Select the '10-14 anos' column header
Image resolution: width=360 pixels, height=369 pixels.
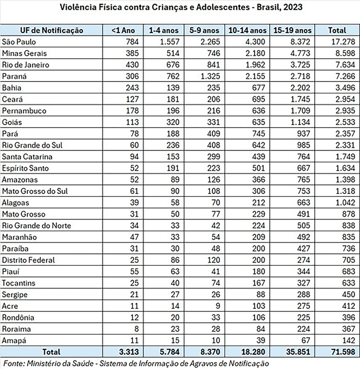(247, 30)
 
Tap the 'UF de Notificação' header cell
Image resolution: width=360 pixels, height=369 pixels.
(52, 30)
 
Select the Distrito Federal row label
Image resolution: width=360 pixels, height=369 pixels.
(28, 260)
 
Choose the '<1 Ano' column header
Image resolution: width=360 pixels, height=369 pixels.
(123, 30)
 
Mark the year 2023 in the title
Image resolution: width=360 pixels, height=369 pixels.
(293, 7)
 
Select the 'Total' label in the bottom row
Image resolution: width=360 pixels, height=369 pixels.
(52, 351)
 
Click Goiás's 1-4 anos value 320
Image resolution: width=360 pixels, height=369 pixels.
(172, 122)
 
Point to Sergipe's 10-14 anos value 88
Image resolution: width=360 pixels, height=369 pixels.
(260, 294)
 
